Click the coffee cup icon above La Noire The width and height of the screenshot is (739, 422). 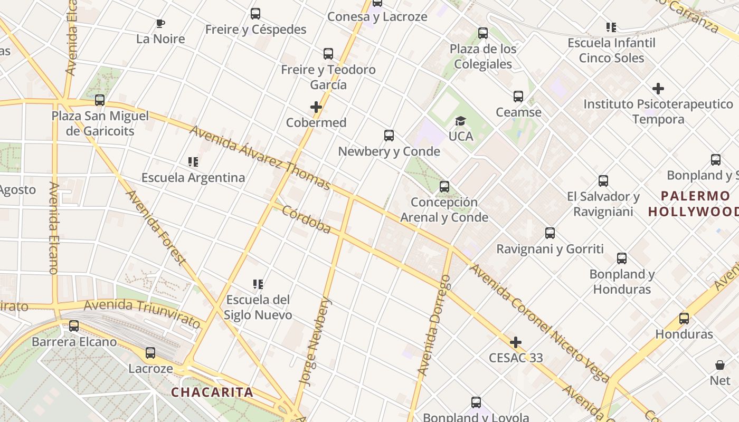tap(160, 23)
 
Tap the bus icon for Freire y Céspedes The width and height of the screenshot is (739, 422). tap(255, 14)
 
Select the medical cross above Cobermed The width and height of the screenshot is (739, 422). tap(316, 108)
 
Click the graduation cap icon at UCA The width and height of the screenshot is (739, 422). tap(460, 121)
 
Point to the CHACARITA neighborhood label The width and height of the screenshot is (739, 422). tap(212, 392)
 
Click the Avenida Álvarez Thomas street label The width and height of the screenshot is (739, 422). tap(260, 157)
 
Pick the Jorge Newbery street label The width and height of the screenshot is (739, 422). tap(315, 341)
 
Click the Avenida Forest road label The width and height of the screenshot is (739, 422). tap(156, 227)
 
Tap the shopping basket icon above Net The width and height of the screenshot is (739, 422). tap(720, 365)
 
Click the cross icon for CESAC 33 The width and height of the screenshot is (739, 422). tap(516, 343)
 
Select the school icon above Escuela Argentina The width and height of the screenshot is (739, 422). tap(193, 162)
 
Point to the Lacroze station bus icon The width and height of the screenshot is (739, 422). tap(150, 353)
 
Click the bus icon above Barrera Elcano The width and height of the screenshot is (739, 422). tap(74, 326)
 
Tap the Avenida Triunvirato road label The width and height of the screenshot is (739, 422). tap(142, 312)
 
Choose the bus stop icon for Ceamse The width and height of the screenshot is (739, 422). tap(518, 97)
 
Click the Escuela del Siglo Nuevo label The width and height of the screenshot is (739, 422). tap(258, 307)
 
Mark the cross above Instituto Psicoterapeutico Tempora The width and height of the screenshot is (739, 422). tap(658, 89)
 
